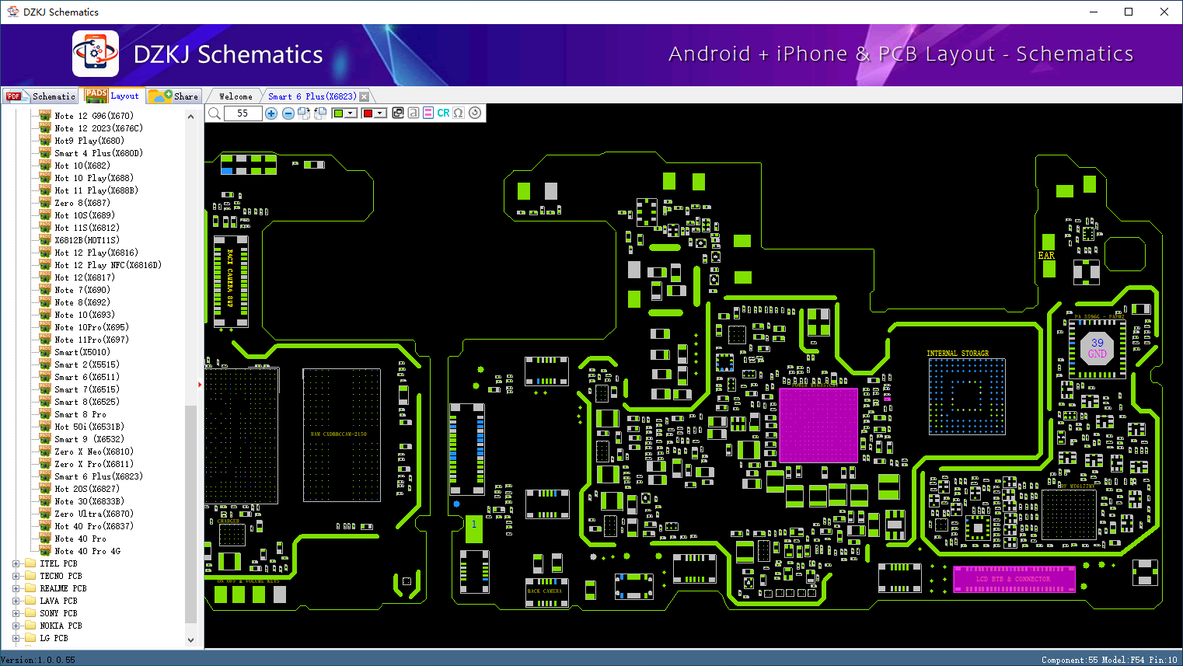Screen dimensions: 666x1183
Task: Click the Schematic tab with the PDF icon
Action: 42,96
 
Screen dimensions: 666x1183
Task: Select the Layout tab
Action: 113,96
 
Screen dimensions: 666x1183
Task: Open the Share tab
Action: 175,96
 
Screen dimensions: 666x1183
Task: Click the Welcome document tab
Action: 236,96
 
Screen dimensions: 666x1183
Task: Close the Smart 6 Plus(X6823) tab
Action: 364,96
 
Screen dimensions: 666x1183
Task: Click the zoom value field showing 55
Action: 243,113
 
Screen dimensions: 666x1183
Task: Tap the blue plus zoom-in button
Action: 271,113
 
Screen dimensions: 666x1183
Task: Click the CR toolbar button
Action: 443,113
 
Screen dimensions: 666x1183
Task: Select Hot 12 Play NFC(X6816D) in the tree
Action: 107,265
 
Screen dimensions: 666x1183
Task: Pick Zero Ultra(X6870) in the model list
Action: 93,514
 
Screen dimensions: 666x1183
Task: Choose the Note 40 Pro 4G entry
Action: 87,551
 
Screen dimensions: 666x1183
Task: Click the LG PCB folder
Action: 54,638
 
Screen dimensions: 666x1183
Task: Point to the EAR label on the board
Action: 1046,256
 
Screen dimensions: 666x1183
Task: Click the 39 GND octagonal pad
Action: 1098,347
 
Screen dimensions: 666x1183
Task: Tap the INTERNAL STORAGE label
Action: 958,354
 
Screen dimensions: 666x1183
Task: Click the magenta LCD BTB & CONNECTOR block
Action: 1014,579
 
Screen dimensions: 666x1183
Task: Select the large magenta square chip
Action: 818,425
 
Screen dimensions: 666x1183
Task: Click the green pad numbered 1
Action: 473,528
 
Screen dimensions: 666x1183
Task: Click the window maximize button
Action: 1129,12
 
